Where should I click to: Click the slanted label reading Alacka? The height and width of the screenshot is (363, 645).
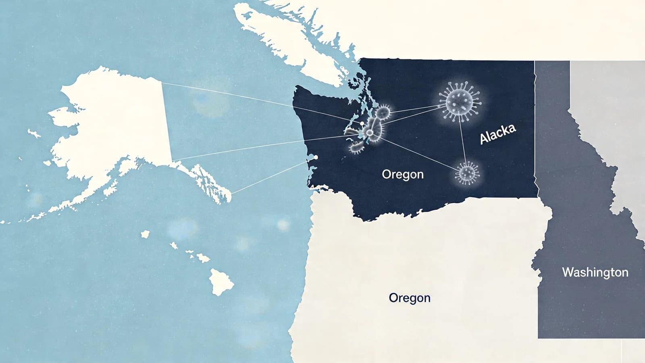[x=498, y=134]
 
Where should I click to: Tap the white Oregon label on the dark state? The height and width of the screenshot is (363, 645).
[x=403, y=174]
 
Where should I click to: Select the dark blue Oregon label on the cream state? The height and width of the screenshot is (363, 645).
[x=410, y=298]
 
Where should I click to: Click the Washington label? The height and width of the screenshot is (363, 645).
[x=595, y=272]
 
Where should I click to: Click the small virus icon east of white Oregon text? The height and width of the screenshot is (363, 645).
[x=467, y=173]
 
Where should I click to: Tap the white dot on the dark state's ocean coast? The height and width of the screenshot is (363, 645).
[x=316, y=157]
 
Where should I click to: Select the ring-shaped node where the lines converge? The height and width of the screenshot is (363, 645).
[x=369, y=133]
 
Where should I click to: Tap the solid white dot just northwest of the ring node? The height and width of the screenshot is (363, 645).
[x=362, y=123]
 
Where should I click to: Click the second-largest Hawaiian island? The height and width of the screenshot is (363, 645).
[x=203, y=257]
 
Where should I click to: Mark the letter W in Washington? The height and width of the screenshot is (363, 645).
[x=567, y=272]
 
